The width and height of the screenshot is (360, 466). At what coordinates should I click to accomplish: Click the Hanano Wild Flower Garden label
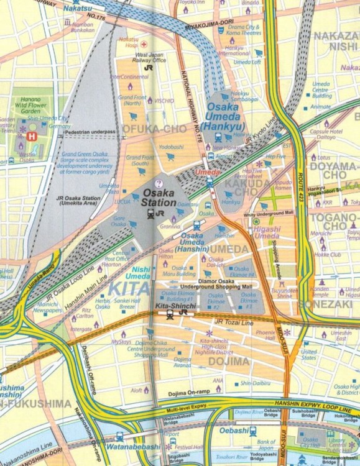point(30,101)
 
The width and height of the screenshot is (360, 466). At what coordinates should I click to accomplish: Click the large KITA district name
point(129,288)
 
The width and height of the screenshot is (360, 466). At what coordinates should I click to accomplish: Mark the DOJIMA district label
point(228,361)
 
